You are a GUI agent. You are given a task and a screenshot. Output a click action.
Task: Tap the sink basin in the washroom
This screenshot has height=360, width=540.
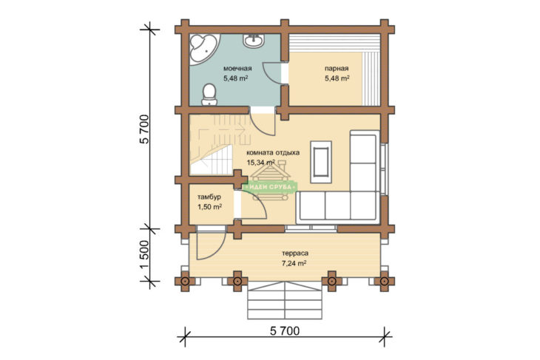(254, 41)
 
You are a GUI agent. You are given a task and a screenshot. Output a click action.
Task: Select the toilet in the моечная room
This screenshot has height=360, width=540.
(209, 95)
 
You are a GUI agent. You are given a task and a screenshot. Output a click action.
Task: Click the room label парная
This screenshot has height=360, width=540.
(337, 69)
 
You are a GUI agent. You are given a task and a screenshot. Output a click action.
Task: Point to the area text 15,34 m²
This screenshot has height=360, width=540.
(260, 162)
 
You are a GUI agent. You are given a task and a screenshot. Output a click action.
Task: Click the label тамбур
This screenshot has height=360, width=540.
(209, 197)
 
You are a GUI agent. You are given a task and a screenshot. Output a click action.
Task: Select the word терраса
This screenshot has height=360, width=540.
(295, 254)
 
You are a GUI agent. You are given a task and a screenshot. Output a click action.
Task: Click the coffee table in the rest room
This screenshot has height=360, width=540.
(320, 162)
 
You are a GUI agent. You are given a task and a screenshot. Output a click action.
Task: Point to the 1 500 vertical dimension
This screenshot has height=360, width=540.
(145, 255)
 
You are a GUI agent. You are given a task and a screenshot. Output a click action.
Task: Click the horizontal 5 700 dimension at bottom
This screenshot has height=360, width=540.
(285, 331)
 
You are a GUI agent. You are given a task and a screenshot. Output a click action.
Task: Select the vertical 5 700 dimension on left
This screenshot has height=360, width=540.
(145, 129)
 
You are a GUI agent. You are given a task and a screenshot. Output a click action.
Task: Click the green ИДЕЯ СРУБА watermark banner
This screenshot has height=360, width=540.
(270, 187)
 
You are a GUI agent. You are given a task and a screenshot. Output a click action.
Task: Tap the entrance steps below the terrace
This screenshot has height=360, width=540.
(286, 300)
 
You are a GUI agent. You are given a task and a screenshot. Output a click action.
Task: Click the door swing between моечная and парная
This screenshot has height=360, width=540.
(272, 73)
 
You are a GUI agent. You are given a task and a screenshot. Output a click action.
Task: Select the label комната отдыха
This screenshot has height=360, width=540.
(273, 152)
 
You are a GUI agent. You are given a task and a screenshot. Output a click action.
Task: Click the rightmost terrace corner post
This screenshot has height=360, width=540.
(385, 281)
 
